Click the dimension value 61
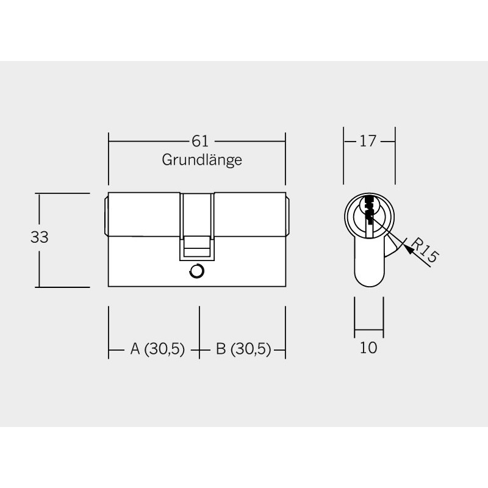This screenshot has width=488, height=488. [x=200, y=142]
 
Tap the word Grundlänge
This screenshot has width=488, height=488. [x=202, y=160]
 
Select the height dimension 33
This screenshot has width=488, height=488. [x=40, y=237]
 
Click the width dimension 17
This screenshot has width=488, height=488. [x=368, y=142]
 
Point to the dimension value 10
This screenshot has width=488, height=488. [x=368, y=347]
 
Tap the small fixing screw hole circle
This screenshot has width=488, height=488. [x=196, y=271]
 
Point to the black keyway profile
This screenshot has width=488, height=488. [x=369, y=209]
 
